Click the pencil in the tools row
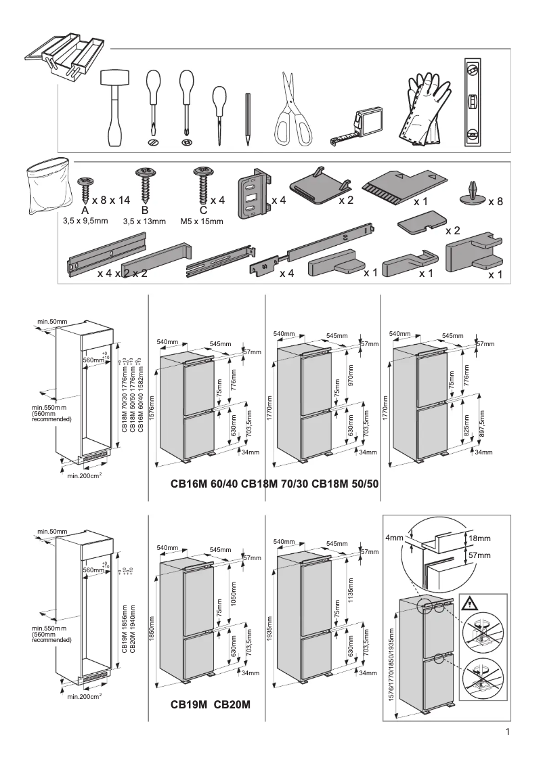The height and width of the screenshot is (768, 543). click(248, 119)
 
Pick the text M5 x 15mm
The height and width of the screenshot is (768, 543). click(202, 221)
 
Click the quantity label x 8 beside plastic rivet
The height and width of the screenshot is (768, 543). click(496, 202)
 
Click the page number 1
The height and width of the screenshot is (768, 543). click(507, 732)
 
